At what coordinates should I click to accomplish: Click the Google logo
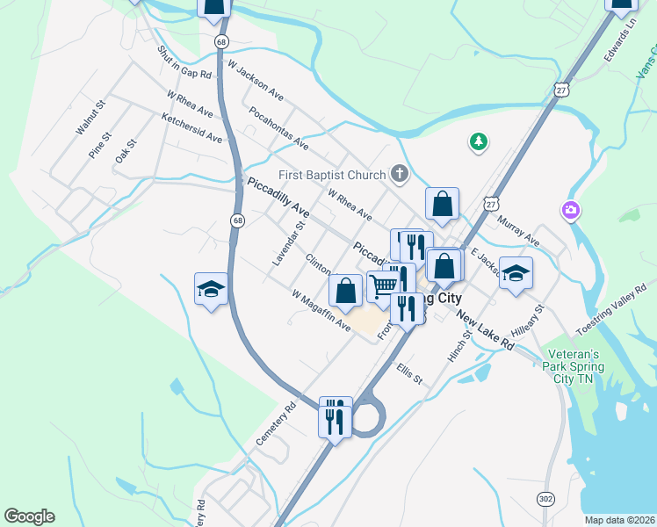pos(29,516)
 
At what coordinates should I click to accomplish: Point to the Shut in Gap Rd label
pos(184,62)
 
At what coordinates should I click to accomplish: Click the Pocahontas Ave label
pos(278,128)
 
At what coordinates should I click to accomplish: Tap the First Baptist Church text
pos(332,175)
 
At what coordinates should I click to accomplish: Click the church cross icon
pos(400,174)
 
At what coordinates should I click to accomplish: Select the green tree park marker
pos(478,141)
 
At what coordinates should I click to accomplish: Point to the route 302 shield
pos(545,499)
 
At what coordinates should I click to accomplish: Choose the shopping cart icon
pos(383,285)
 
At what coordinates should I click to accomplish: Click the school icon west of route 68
pos(211,288)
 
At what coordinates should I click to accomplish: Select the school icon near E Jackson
pos(516,273)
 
